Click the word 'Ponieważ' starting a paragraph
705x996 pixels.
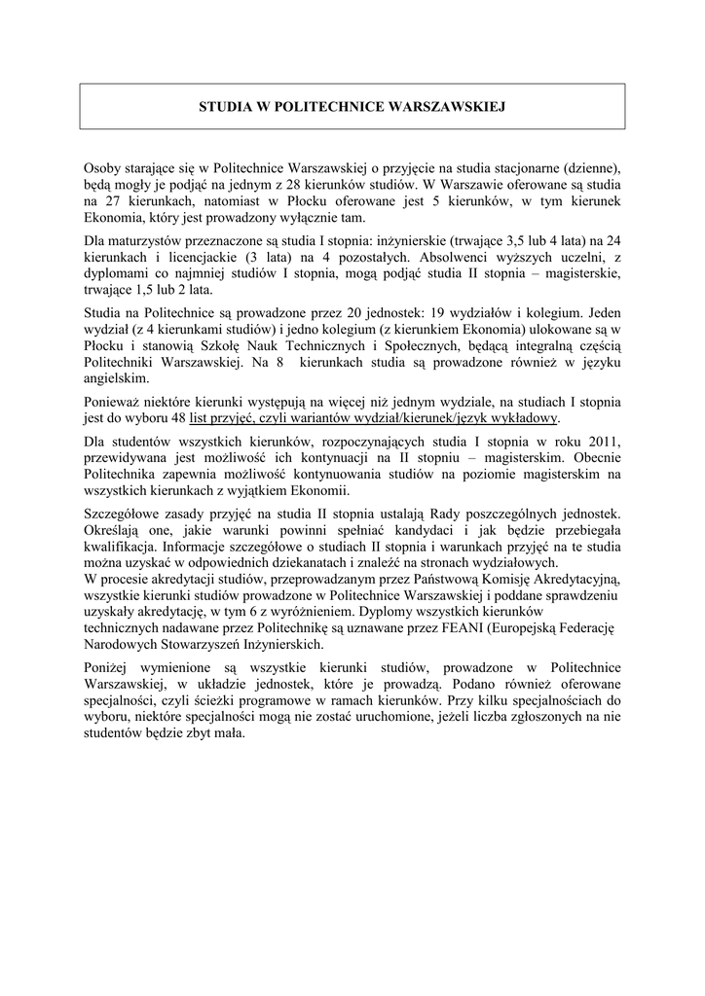point(113,402)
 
